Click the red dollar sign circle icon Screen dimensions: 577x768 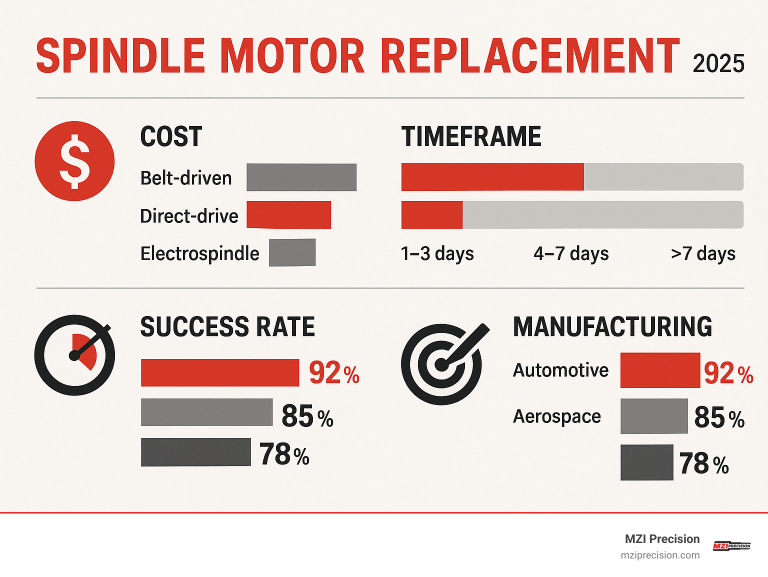[x=74, y=161]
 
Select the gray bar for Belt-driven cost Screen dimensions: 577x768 [x=301, y=177]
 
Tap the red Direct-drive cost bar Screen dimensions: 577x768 [x=288, y=215]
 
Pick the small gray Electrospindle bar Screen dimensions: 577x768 [x=292, y=252]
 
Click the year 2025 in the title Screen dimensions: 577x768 [x=718, y=64]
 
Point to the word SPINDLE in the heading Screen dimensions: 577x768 [x=120, y=56]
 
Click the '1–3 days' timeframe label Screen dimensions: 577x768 [x=437, y=253]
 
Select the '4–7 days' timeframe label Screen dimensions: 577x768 [x=571, y=253]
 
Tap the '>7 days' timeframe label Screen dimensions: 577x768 [x=703, y=253]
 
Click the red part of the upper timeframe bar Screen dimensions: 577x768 [x=492, y=177]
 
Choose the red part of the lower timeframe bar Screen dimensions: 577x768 [x=432, y=215]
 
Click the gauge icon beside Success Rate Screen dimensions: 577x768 [x=74, y=355]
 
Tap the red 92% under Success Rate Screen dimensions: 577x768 [x=333, y=373]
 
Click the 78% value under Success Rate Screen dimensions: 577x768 [x=284, y=454]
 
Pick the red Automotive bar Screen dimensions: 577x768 [x=660, y=370]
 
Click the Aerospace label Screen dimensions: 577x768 [x=556, y=416]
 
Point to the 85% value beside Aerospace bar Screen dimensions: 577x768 [x=719, y=417]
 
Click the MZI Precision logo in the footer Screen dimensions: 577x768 [x=731, y=546]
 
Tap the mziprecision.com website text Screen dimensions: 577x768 [x=660, y=555]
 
